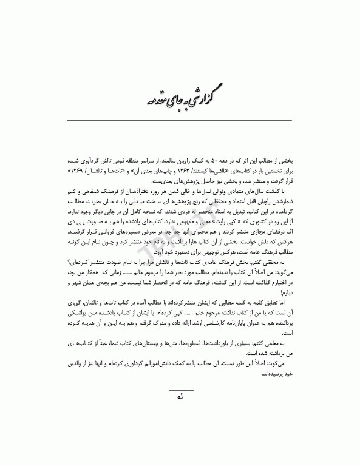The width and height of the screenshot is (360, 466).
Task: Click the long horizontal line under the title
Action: [180, 120]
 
